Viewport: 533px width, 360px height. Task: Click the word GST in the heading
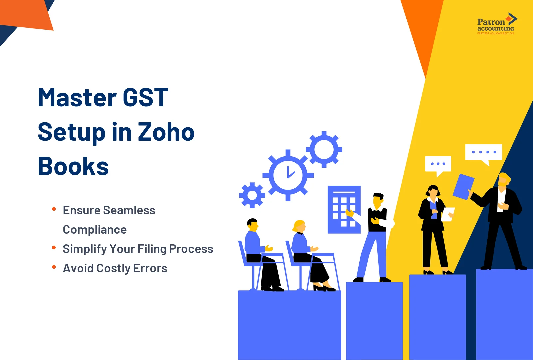pyautogui.click(x=145, y=98)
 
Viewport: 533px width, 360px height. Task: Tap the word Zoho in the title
pyautogui.click(x=166, y=132)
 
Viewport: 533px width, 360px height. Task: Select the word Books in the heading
pyautogui.click(x=73, y=166)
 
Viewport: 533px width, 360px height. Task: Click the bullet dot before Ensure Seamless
pyautogui.click(x=54, y=209)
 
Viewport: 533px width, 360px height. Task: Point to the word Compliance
pyautogui.click(x=95, y=230)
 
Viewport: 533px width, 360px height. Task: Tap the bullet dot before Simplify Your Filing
pyautogui.click(x=54, y=247)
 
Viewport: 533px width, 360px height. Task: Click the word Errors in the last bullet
pyautogui.click(x=150, y=268)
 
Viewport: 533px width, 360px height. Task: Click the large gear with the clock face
pyautogui.click(x=288, y=175)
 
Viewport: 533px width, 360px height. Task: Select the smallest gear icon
pyautogui.click(x=252, y=195)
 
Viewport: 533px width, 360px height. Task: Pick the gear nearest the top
pyautogui.click(x=324, y=149)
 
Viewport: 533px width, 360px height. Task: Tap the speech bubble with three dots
pyautogui.click(x=438, y=164)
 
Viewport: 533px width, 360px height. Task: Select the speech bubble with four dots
pyautogui.click(x=484, y=153)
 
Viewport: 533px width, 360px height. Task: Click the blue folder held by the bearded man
pyautogui.click(x=463, y=186)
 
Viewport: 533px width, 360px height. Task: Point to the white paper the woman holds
pyautogui.click(x=447, y=214)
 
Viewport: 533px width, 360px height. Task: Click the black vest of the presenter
pyautogui.click(x=377, y=219)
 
